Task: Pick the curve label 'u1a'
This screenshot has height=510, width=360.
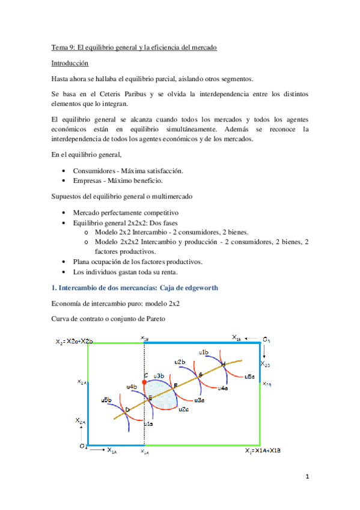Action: click(148, 425)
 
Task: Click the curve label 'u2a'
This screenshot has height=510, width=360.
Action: click(184, 409)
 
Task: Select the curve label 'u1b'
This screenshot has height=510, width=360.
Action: click(203, 352)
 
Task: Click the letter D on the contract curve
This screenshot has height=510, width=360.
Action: click(127, 410)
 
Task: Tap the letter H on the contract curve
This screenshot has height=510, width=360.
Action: click(223, 364)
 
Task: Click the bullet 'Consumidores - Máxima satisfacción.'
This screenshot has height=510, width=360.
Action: click(128, 171)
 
